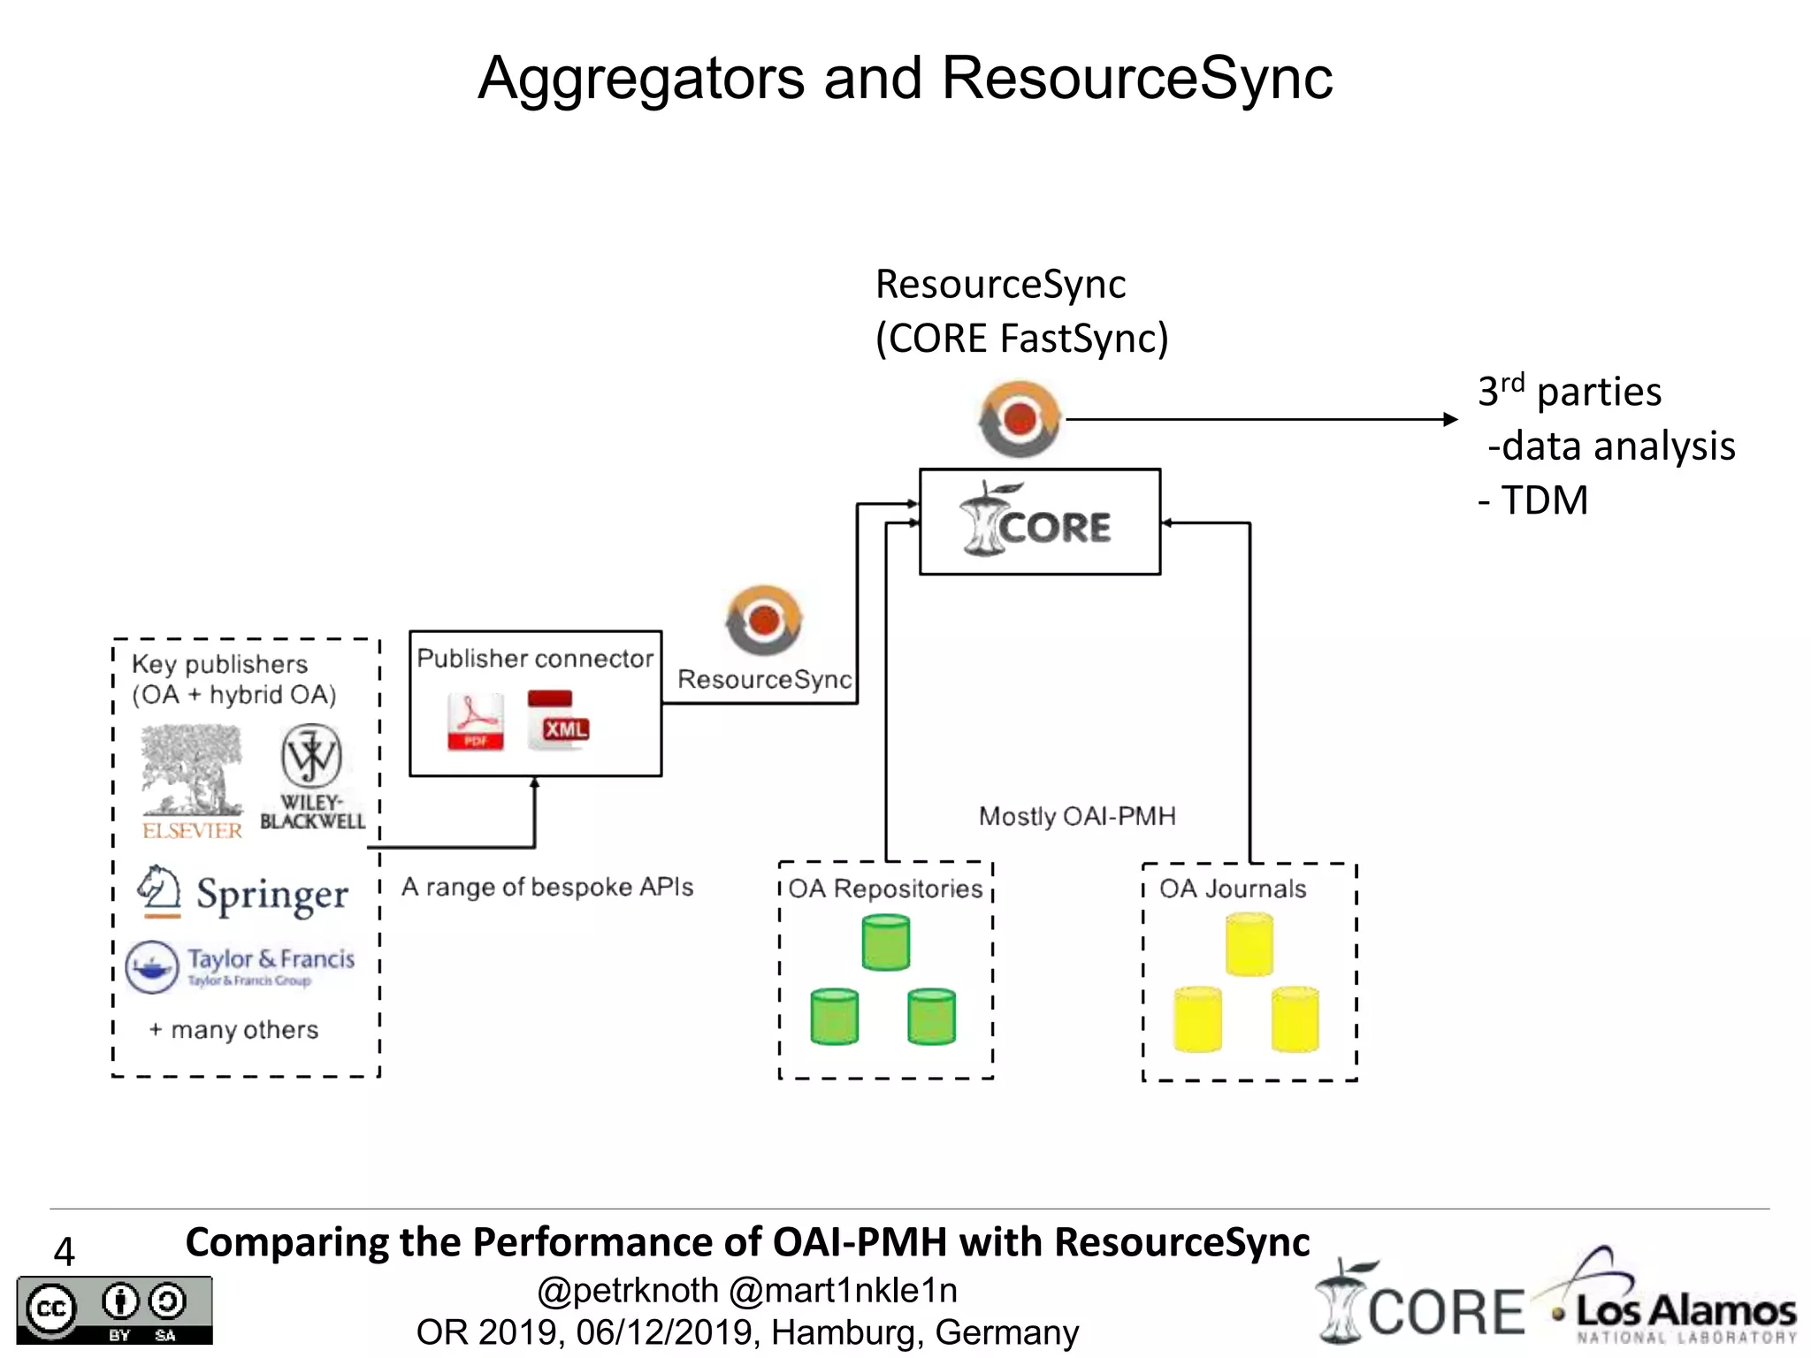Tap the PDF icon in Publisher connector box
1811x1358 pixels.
click(x=476, y=721)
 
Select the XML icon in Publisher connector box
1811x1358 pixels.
click(x=557, y=721)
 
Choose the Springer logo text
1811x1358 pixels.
click(x=271, y=895)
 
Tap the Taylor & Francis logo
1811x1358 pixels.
click(x=241, y=965)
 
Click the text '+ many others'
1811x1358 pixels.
click(x=233, y=1030)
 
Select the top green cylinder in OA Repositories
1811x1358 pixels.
click(x=885, y=942)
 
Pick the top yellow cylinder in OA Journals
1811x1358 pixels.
click(x=1249, y=944)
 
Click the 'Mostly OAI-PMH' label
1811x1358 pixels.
click(x=1077, y=816)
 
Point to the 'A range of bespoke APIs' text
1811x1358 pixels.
click(x=547, y=887)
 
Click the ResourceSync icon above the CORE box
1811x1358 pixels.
click(x=1020, y=419)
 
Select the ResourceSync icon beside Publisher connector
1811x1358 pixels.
click(x=764, y=621)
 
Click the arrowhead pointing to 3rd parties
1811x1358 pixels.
click(x=1450, y=419)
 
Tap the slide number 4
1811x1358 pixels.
click(x=64, y=1251)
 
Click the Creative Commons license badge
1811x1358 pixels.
click(x=114, y=1310)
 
